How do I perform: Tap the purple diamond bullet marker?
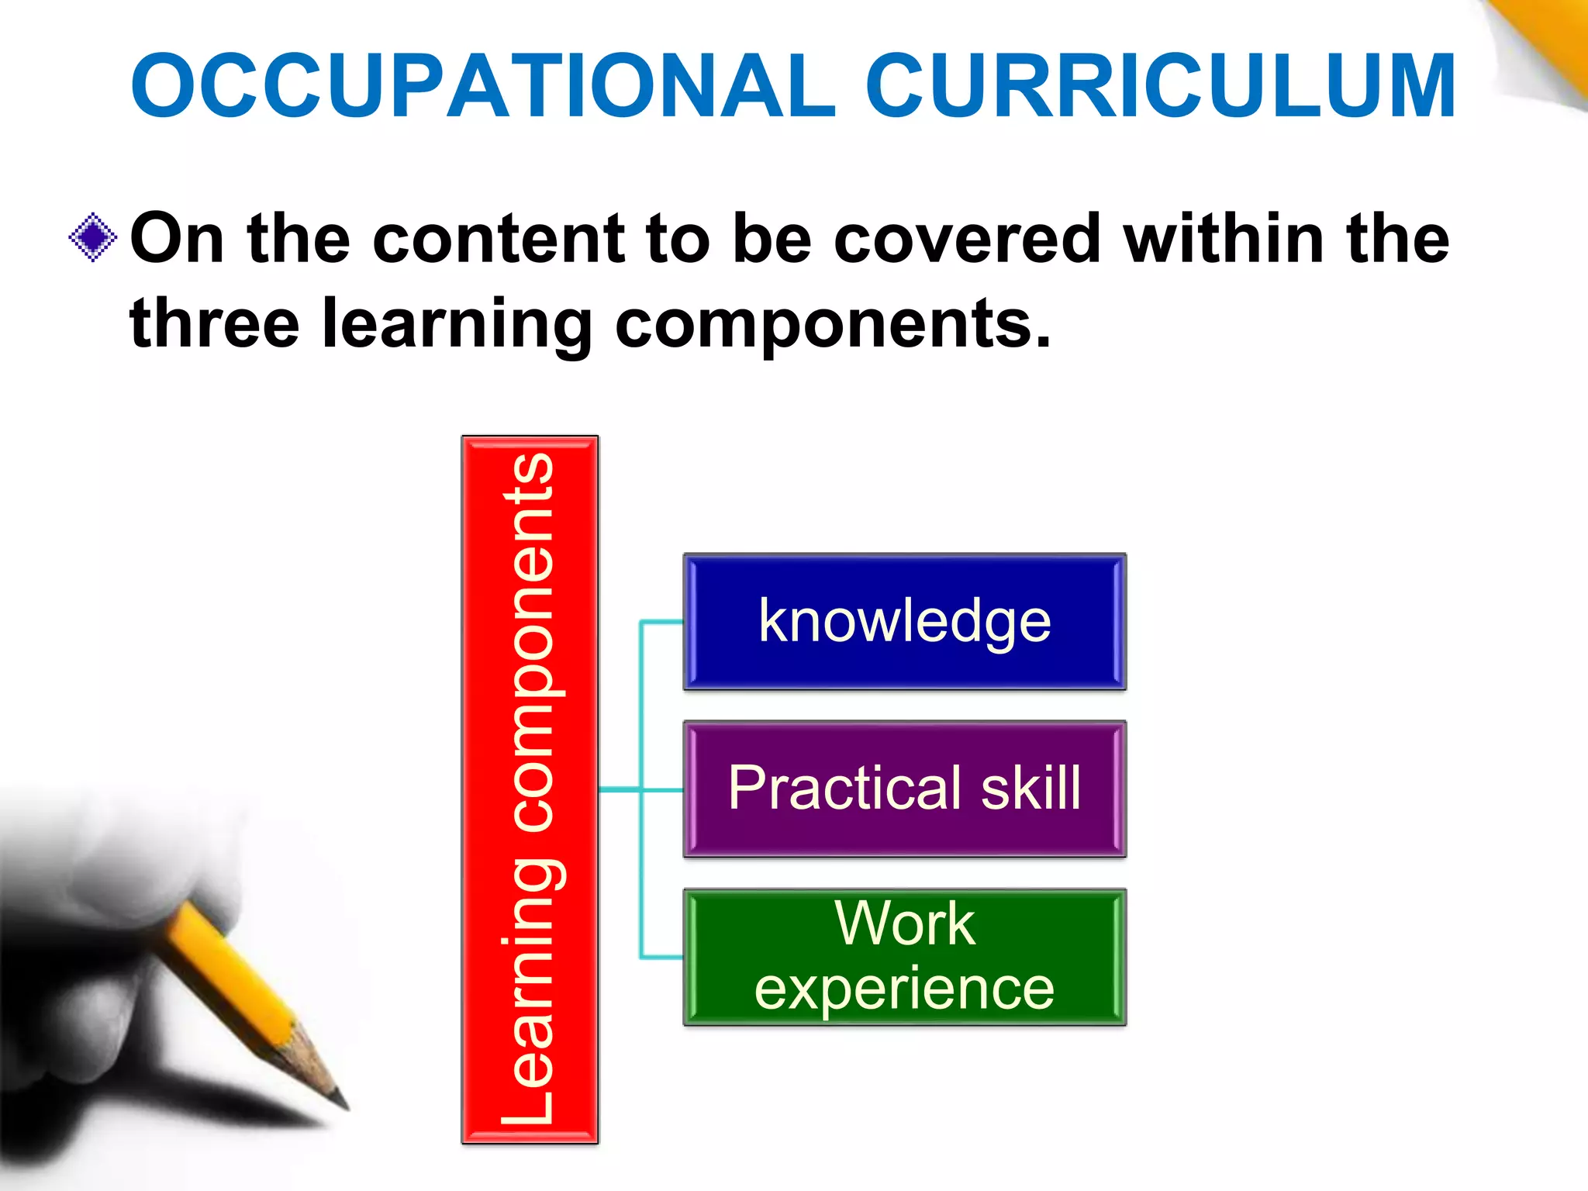[x=93, y=237]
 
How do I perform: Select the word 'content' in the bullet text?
[x=498, y=239]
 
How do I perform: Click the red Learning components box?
[x=530, y=789]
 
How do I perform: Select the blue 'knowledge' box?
[x=904, y=622]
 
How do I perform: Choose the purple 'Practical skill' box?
[x=904, y=789]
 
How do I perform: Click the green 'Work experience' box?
[x=904, y=957]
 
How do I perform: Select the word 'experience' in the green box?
[x=904, y=989]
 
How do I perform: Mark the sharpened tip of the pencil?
[x=342, y=1102]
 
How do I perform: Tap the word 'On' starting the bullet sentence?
[x=177, y=239]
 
